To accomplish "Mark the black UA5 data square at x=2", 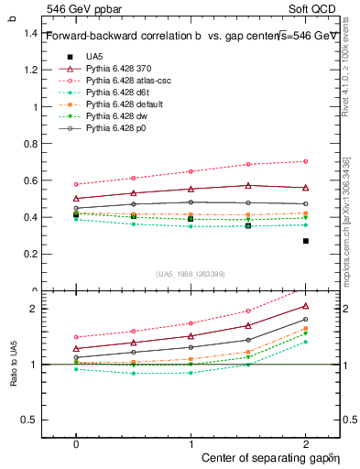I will pyautogui.click(x=305, y=241).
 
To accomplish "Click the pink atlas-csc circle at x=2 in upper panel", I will pyautogui.click(x=305, y=161).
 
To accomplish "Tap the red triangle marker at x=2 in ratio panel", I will pyautogui.click(x=305, y=306).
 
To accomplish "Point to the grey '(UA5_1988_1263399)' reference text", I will pyautogui.click(x=190, y=274).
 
